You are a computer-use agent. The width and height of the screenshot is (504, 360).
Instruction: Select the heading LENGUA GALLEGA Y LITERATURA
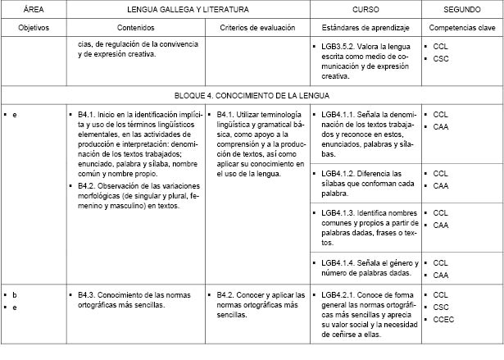(188, 9)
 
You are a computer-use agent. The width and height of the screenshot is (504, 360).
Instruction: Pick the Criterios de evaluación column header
(257, 28)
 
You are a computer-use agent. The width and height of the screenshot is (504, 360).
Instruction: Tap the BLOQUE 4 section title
(252, 95)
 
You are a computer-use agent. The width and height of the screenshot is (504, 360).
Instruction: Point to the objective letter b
(15, 294)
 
